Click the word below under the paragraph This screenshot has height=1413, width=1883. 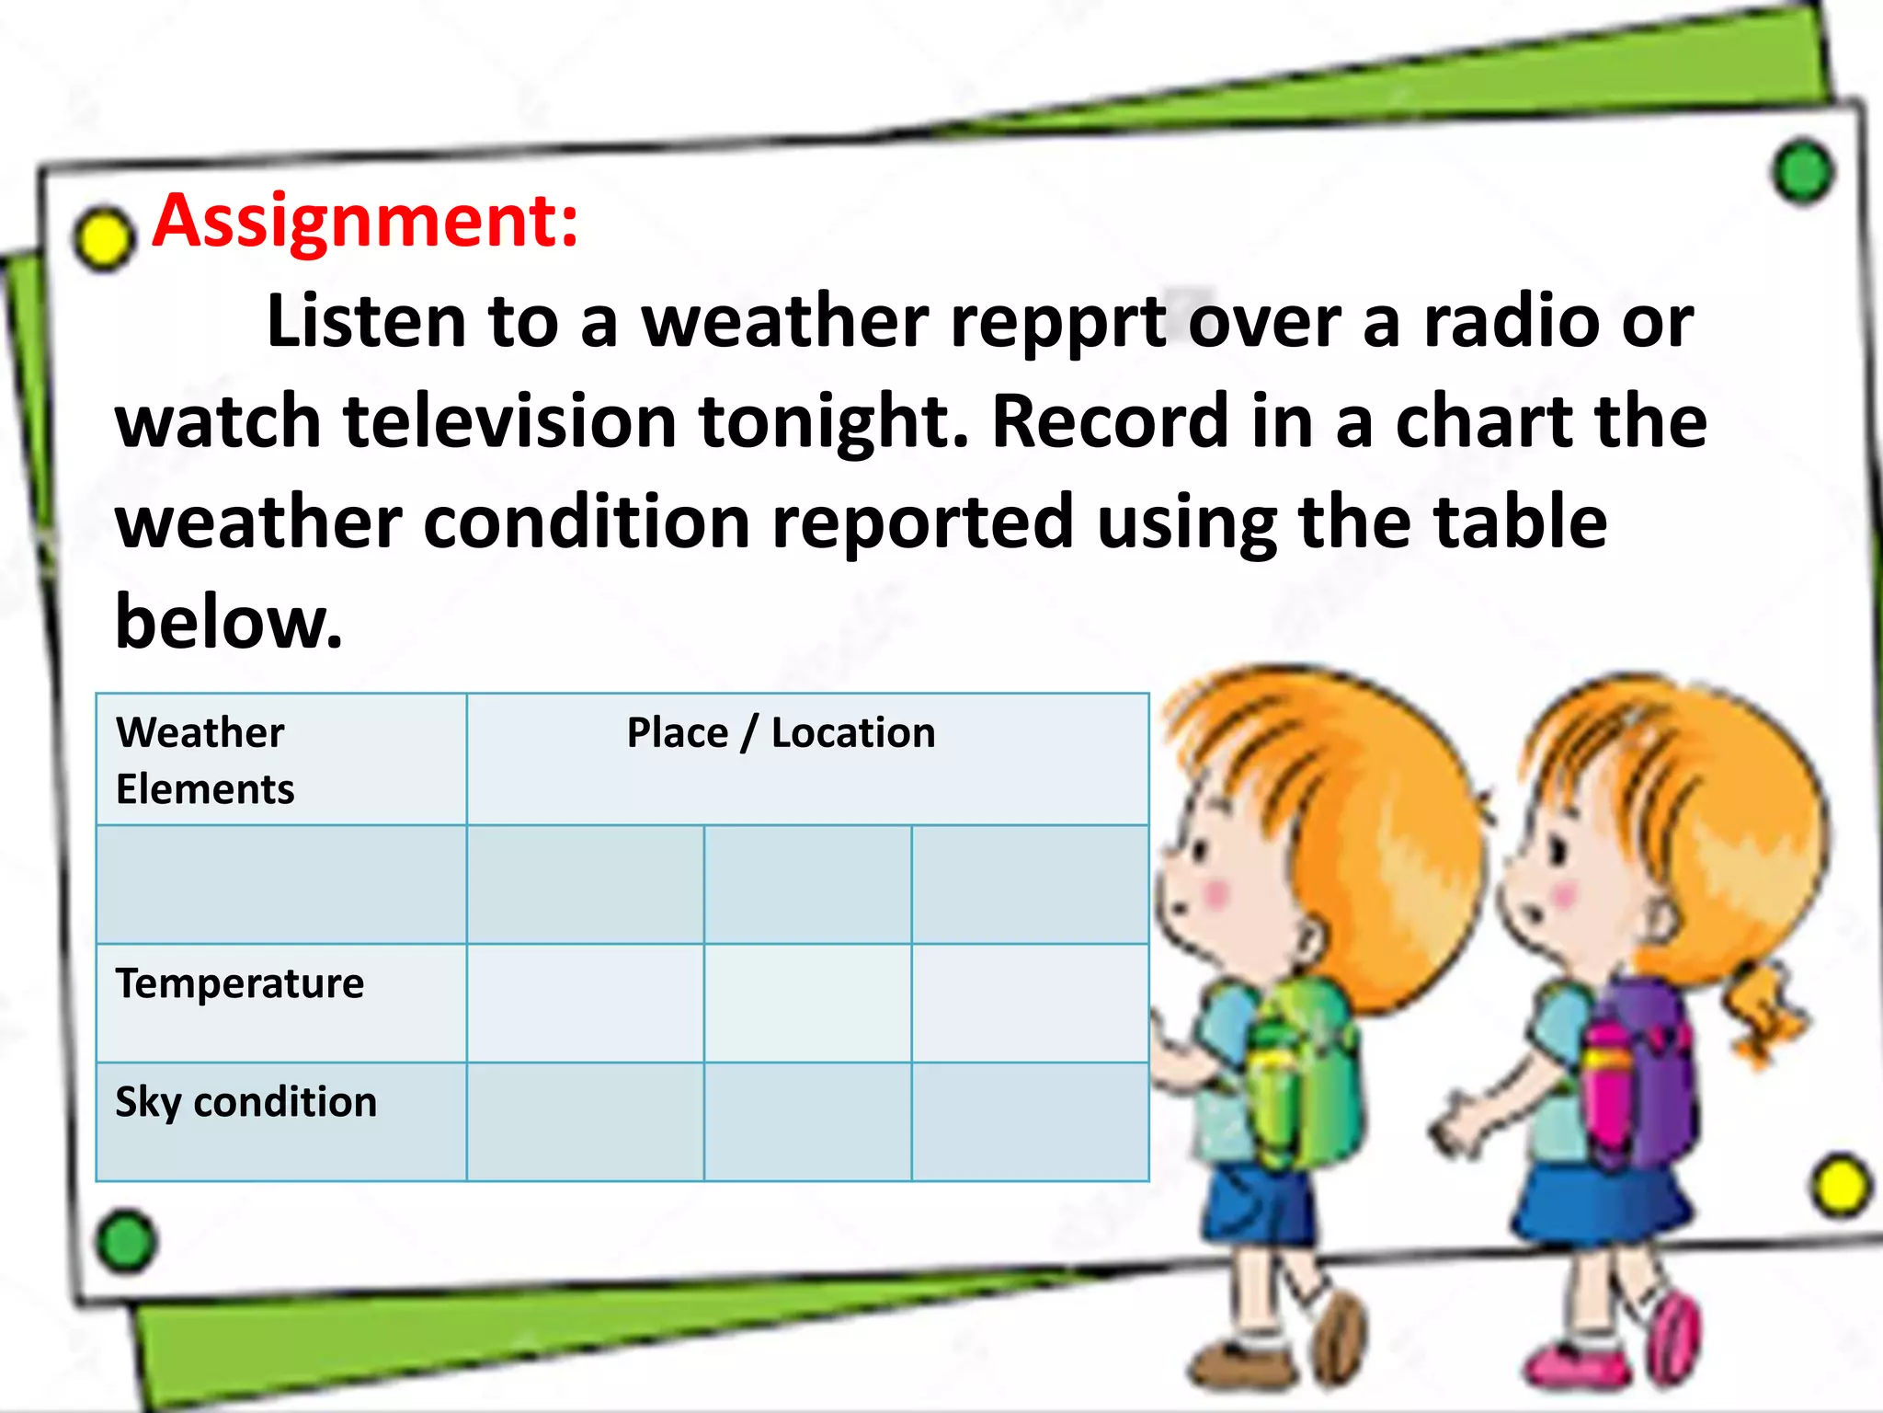pos(227,623)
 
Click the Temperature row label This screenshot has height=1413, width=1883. pos(240,983)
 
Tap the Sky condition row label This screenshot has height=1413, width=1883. pos(245,1102)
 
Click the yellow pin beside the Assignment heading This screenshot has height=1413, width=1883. pos(103,237)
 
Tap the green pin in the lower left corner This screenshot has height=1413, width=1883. pos(126,1242)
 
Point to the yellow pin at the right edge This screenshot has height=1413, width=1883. pos(1841,1186)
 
